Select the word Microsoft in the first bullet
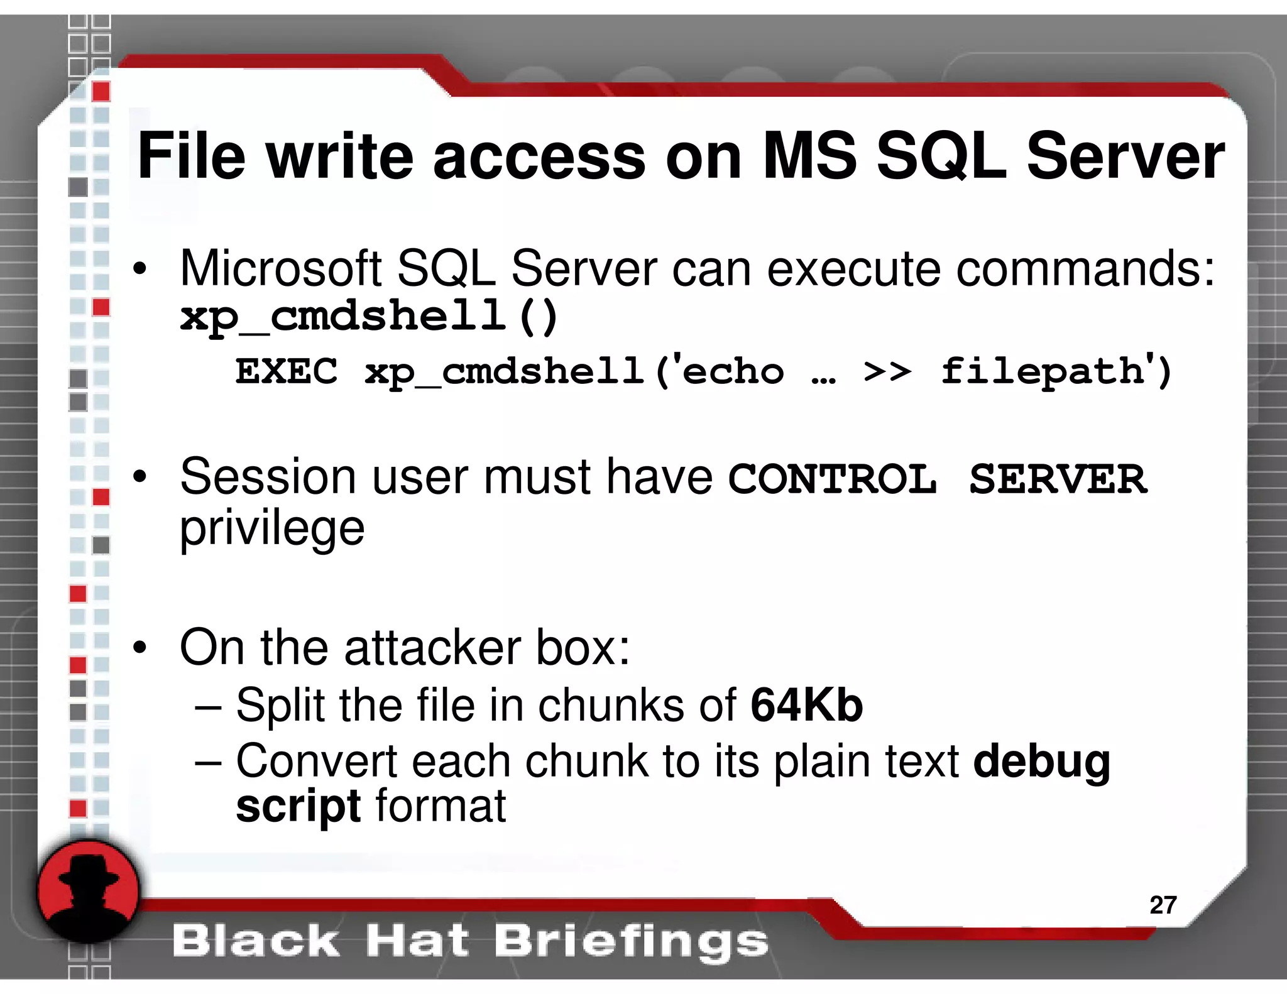(x=281, y=269)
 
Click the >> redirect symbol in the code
(x=887, y=372)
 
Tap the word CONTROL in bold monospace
(x=832, y=479)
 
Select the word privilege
(x=271, y=529)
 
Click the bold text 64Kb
(x=806, y=706)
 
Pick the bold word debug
(x=1041, y=762)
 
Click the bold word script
(x=298, y=806)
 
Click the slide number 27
(x=1163, y=905)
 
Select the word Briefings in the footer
(x=630, y=941)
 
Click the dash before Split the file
(x=208, y=707)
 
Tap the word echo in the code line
(x=733, y=372)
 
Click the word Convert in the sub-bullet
(x=316, y=762)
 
